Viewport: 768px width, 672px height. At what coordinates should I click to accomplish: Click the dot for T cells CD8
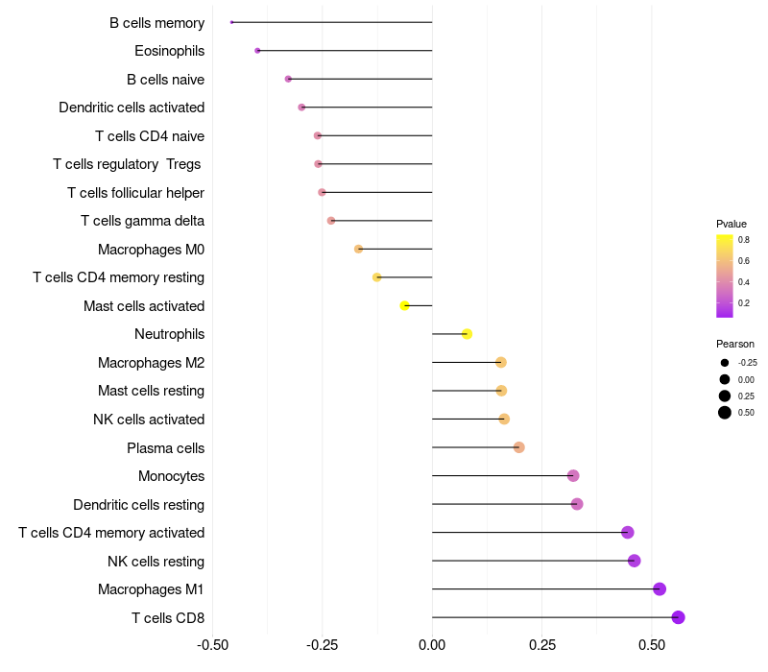coord(678,617)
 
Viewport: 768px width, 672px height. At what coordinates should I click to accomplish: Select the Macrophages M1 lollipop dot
coord(660,589)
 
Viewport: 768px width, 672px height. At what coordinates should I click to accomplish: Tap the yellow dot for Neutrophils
coord(467,334)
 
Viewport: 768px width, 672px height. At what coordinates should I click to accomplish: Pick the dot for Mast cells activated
coord(404,306)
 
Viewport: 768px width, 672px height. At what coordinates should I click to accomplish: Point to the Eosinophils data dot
coord(257,51)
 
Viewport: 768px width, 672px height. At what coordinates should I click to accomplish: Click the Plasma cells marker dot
coord(519,447)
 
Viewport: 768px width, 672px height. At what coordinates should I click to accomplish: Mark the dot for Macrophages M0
coord(359,250)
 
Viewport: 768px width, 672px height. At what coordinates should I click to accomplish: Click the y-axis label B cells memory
coord(156,23)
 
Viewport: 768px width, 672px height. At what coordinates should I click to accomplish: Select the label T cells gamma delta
coord(142,221)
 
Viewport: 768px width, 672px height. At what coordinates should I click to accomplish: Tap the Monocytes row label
coord(171,476)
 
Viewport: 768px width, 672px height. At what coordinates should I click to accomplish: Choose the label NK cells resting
coord(156,562)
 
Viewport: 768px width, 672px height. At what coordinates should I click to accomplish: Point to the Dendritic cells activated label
coord(132,108)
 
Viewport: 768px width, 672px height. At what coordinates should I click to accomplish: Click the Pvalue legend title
coord(732,224)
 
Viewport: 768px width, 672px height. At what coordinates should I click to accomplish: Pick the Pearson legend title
coord(735,344)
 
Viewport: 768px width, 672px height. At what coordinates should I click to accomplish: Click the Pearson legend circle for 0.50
coord(725,413)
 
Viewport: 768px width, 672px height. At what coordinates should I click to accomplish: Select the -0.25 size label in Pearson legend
coord(747,363)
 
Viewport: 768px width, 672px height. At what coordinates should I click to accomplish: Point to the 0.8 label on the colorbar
coord(744,240)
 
